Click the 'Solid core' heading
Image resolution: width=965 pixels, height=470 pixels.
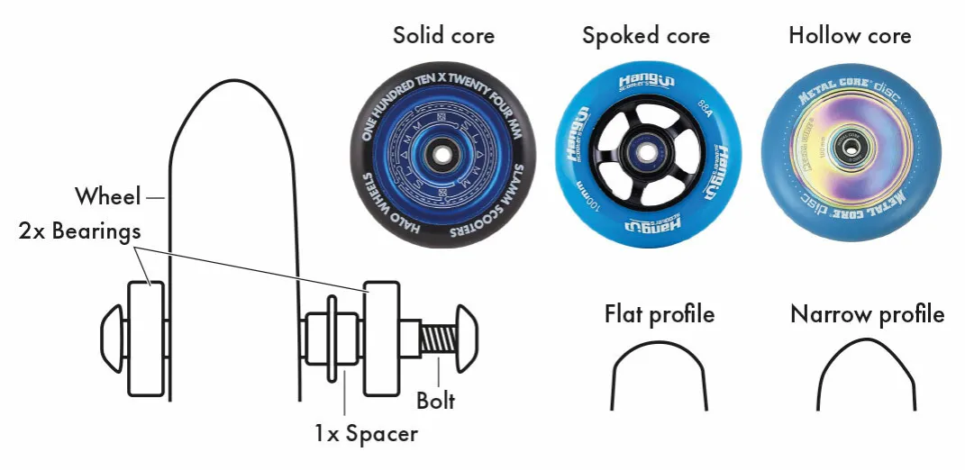click(x=443, y=36)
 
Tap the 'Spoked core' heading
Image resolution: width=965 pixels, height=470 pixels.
click(x=645, y=36)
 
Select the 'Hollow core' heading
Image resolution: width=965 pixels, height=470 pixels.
click(x=849, y=36)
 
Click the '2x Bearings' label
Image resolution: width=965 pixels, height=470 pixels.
click(x=79, y=231)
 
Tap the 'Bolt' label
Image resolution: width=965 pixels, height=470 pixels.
click(x=436, y=399)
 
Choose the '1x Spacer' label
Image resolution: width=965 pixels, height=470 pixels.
click(x=366, y=433)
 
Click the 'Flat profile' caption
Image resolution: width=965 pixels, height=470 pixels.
click(x=660, y=314)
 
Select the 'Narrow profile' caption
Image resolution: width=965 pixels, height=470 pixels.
click(x=867, y=314)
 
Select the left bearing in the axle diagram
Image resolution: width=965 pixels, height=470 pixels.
click(x=146, y=339)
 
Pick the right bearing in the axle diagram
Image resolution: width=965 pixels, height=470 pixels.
click(x=382, y=339)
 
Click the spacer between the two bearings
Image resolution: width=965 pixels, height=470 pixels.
click(x=330, y=339)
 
